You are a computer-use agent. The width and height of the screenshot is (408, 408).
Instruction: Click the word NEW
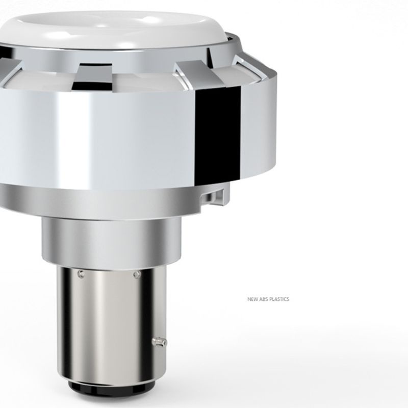[x=252, y=299]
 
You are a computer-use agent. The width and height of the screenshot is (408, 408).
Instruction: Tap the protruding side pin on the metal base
[x=160, y=342]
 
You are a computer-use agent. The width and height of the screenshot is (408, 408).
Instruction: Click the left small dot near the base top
[x=81, y=274]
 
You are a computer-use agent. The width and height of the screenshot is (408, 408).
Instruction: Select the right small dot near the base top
[x=137, y=274]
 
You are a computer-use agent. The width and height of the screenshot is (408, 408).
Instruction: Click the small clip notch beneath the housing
[x=213, y=197]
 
